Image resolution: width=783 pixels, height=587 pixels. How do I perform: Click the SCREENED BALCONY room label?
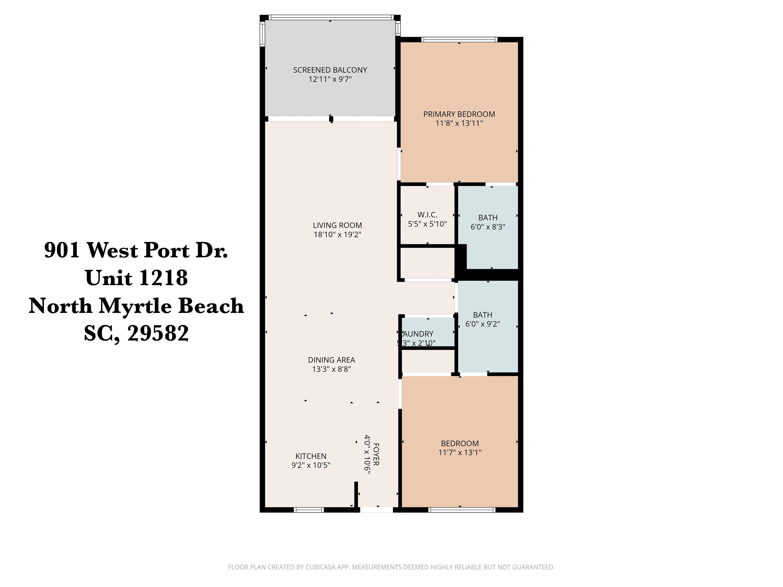(x=330, y=70)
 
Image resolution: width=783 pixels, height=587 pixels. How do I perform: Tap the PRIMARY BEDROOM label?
(x=459, y=114)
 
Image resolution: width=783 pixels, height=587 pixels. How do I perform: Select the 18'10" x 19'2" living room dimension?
(x=337, y=234)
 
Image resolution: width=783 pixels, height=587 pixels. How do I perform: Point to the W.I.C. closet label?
(x=427, y=215)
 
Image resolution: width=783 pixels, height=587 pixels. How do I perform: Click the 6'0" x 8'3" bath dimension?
(x=488, y=227)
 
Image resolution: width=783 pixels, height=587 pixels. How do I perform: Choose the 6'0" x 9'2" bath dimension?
(x=482, y=324)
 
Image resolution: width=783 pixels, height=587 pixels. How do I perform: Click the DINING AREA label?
(x=331, y=360)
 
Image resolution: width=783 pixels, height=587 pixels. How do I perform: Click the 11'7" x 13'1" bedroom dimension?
(x=460, y=452)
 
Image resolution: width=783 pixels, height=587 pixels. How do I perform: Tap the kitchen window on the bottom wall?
(x=309, y=510)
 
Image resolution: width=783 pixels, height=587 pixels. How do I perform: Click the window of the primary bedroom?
(x=460, y=39)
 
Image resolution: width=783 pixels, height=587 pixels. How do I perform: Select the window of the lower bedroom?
(x=461, y=510)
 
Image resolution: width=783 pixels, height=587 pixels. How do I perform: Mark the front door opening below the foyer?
(x=376, y=510)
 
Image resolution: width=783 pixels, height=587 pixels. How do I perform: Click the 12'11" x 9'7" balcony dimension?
(x=330, y=79)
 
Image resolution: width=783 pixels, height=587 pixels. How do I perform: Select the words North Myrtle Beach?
(x=136, y=306)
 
